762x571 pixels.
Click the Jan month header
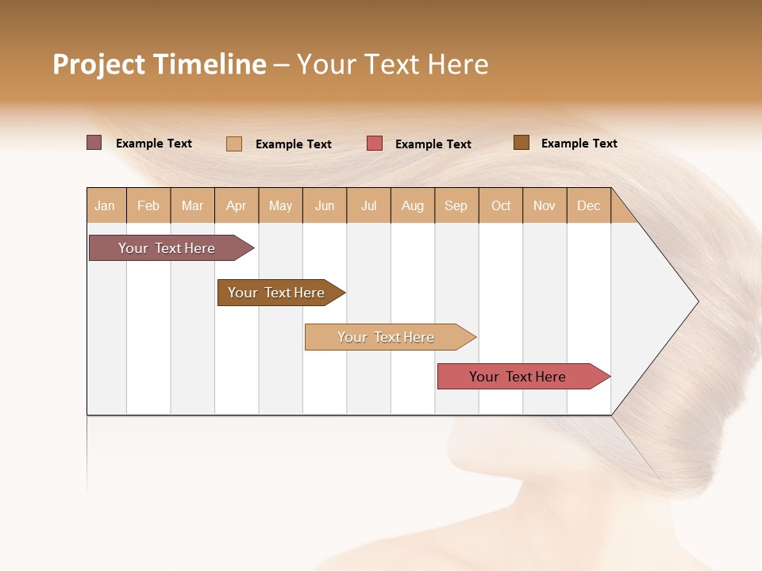click(x=106, y=205)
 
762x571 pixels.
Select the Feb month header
click(x=148, y=205)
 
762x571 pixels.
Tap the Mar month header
click(x=192, y=205)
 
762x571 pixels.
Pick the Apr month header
click(x=237, y=205)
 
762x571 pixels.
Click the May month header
click(x=280, y=205)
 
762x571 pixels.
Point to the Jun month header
click(x=325, y=205)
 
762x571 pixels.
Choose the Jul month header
click(x=368, y=205)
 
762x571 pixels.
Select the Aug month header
click(x=413, y=205)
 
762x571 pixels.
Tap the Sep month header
click(x=456, y=205)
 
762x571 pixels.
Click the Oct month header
click(x=501, y=205)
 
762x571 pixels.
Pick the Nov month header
click(x=545, y=205)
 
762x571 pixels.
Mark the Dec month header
click(x=589, y=205)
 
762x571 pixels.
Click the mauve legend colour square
click(x=94, y=143)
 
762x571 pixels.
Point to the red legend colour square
click(x=375, y=144)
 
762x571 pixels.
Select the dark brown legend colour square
click(x=521, y=143)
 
